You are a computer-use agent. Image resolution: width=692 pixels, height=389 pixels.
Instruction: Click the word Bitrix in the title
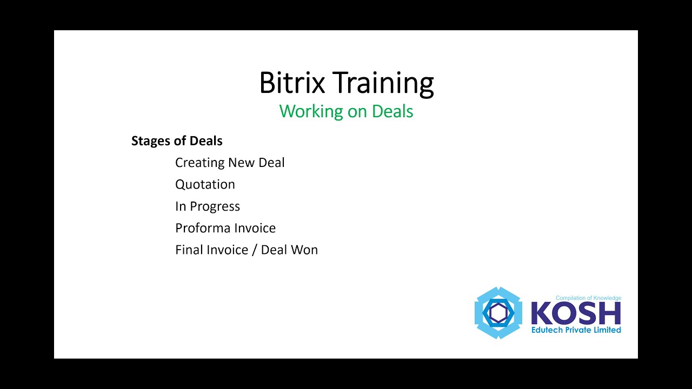[x=292, y=83]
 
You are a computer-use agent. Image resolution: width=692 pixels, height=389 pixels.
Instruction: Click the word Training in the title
[x=383, y=84]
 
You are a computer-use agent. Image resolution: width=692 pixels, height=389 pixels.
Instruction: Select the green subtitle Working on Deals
[x=346, y=111]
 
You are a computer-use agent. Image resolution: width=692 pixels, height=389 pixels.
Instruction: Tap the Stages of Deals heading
[x=177, y=141]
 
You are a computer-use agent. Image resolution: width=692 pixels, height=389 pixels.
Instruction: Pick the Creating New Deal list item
[x=230, y=163]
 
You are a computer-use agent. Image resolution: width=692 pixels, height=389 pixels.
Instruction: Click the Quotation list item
[x=205, y=184]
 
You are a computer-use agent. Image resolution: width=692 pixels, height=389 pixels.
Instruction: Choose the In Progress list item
[x=208, y=206]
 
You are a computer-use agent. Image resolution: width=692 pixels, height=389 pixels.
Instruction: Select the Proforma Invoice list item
[x=225, y=228]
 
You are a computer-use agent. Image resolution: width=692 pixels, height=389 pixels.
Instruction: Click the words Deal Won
[x=289, y=250]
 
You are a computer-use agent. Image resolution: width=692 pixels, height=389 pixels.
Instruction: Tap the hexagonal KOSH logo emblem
[x=498, y=313]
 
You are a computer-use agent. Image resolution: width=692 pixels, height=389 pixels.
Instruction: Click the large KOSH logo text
[x=576, y=313]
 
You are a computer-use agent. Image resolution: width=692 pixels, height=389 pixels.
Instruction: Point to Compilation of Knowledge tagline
[x=588, y=298]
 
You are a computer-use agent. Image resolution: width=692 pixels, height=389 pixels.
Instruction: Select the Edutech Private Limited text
[x=576, y=330]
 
